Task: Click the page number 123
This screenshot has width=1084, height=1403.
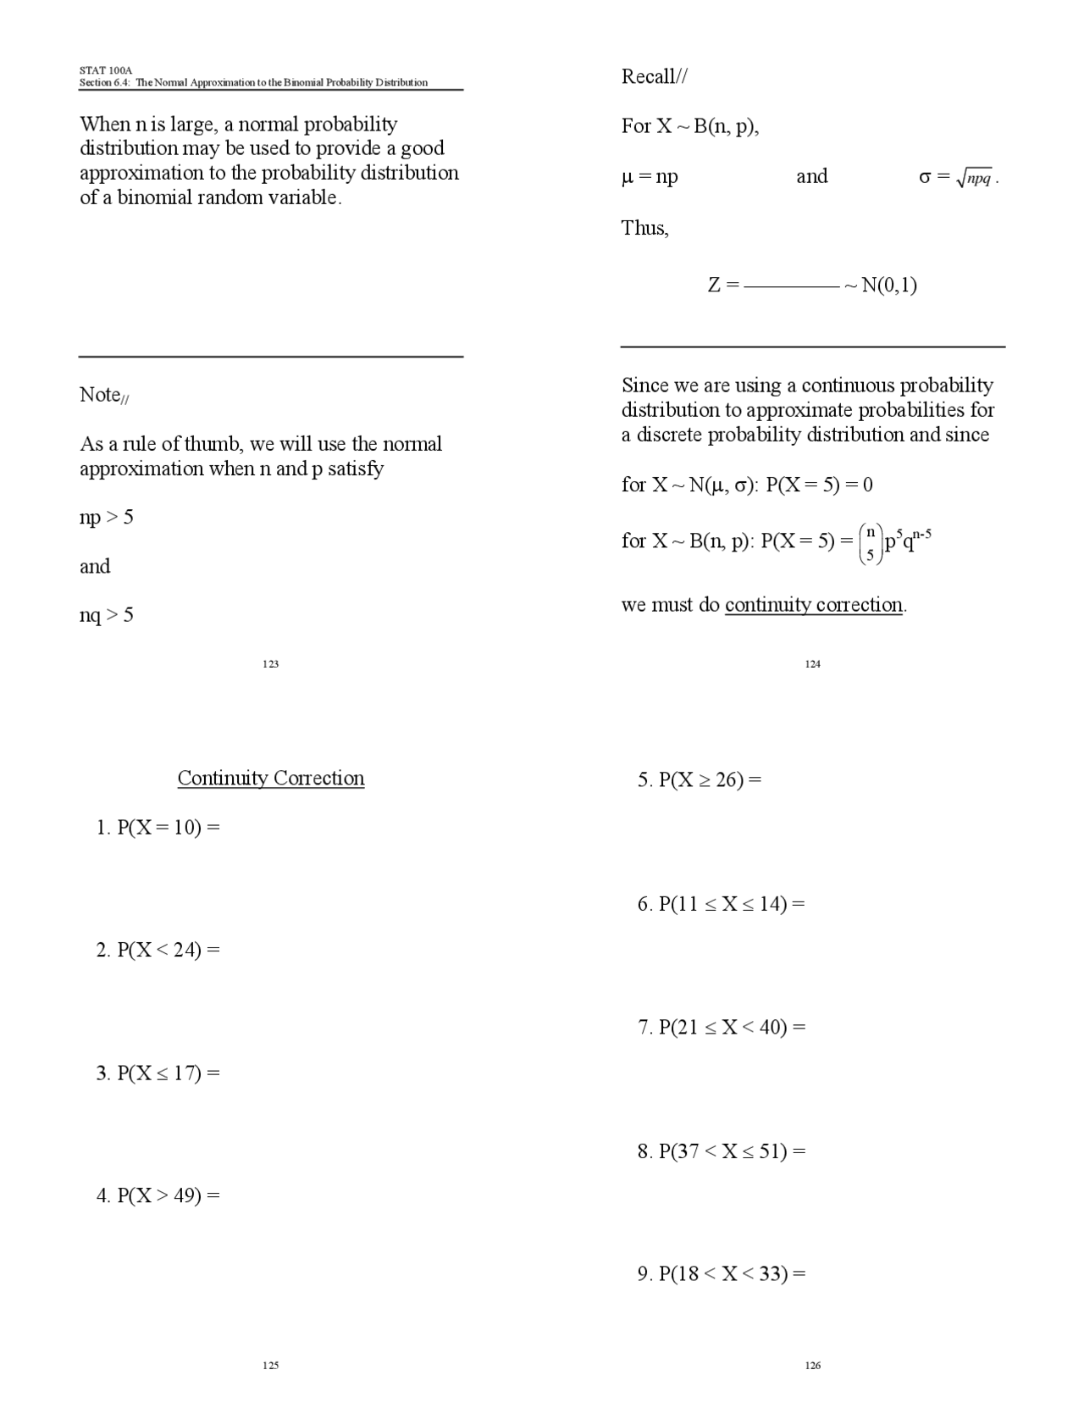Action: pyautogui.click(x=271, y=663)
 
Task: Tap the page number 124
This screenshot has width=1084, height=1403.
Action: pyautogui.click(x=813, y=663)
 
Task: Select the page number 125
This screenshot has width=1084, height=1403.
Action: pyautogui.click(x=271, y=1365)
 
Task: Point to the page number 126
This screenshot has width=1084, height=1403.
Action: pyautogui.click(x=813, y=1365)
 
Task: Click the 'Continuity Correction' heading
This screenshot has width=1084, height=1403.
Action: pyautogui.click(x=271, y=778)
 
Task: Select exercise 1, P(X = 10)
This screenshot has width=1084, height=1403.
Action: pyautogui.click(x=158, y=827)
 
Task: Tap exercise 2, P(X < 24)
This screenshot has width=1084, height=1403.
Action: pyautogui.click(x=158, y=950)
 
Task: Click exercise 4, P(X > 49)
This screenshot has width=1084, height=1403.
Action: pyautogui.click(x=158, y=1195)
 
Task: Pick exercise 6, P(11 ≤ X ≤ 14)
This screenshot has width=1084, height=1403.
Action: pyautogui.click(x=721, y=904)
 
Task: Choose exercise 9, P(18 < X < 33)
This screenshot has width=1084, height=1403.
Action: pyautogui.click(x=721, y=1273)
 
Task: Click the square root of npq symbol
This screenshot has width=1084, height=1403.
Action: pyautogui.click(x=974, y=178)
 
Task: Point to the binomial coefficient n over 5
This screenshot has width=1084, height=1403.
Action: pyautogui.click(x=870, y=543)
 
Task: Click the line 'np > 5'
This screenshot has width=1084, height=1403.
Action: pyautogui.click(x=107, y=517)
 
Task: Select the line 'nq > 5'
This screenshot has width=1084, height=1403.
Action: pyautogui.click(x=107, y=614)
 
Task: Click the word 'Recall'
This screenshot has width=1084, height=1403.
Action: pyautogui.click(x=649, y=77)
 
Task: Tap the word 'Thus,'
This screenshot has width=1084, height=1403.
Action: pyautogui.click(x=644, y=228)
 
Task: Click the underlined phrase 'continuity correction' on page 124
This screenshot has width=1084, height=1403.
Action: pyautogui.click(x=814, y=605)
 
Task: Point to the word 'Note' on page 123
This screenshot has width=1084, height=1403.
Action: pyautogui.click(x=100, y=395)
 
